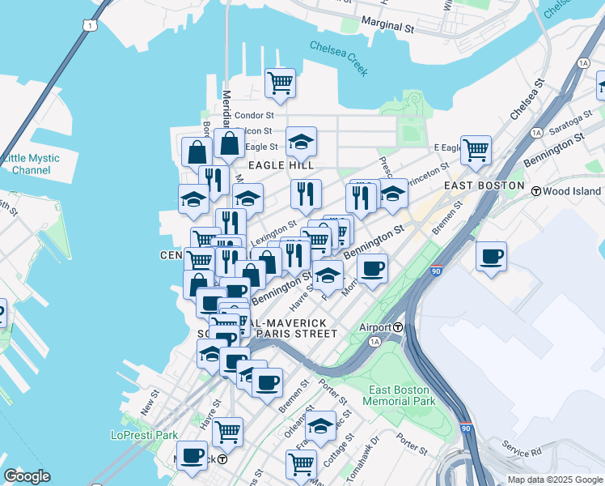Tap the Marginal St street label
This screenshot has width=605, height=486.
click(x=387, y=25)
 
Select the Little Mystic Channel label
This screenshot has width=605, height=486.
click(x=26, y=164)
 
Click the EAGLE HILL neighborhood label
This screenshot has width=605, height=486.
click(x=280, y=165)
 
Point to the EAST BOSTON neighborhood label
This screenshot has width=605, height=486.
click(x=484, y=185)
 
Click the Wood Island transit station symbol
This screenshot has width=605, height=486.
click(x=535, y=191)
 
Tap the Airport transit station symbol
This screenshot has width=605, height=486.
click(x=398, y=327)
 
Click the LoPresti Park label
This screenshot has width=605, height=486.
click(x=144, y=435)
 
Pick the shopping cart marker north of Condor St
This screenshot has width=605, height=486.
click(x=280, y=83)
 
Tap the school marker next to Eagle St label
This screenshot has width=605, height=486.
click(x=301, y=142)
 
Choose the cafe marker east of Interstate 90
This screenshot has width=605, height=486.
click(x=492, y=257)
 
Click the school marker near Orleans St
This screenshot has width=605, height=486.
click(x=321, y=426)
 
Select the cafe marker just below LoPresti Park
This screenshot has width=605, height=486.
click(x=192, y=456)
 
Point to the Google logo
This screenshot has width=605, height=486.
click(x=27, y=476)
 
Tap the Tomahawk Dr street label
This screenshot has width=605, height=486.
click(x=363, y=455)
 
